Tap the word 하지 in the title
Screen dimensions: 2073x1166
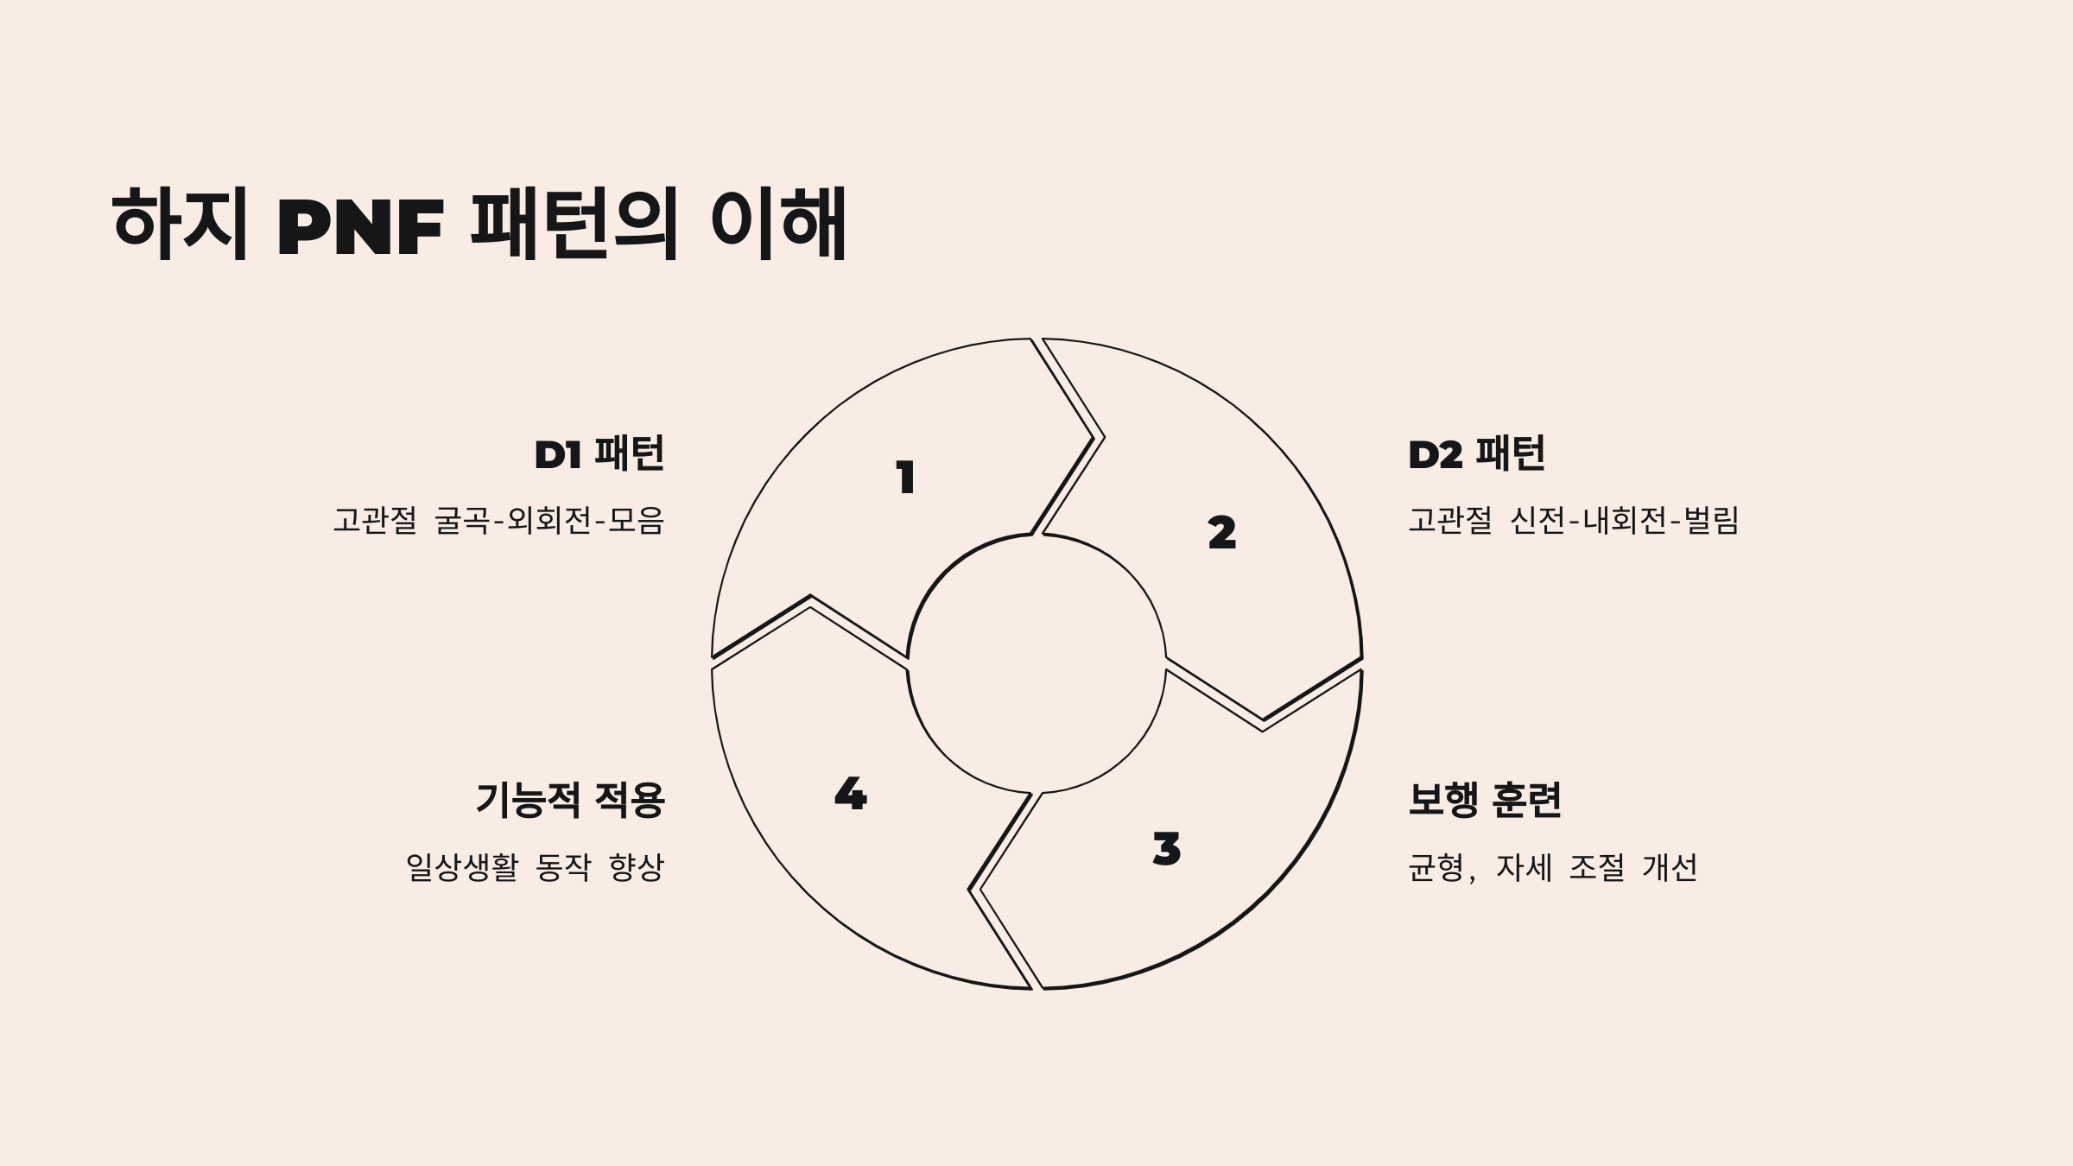coord(180,224)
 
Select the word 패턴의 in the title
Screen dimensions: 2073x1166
coord(573,224)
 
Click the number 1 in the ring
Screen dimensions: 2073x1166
coord(905,478)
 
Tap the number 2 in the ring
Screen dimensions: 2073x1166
coord(1221,533)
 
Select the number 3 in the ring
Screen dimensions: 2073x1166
coord(1166,849)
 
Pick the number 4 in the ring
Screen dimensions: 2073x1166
coord(850,794)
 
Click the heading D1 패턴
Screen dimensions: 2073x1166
coord(599,454)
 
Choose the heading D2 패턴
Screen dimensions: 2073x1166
coord(1476,454)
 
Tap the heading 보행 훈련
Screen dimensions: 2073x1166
coord(1485,800)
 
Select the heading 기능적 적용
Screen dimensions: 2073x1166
coord(570,800)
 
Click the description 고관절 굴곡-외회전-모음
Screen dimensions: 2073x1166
coord(498,520)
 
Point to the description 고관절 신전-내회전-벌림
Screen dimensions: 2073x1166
coord(1573,520)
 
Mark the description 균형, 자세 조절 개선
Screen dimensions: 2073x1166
coord(1552,867)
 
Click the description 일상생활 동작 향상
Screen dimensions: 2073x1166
coord(535,867)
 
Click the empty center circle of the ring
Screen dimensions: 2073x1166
coord(1036,663)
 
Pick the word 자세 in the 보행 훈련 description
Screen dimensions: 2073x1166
coord(1525,867)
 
